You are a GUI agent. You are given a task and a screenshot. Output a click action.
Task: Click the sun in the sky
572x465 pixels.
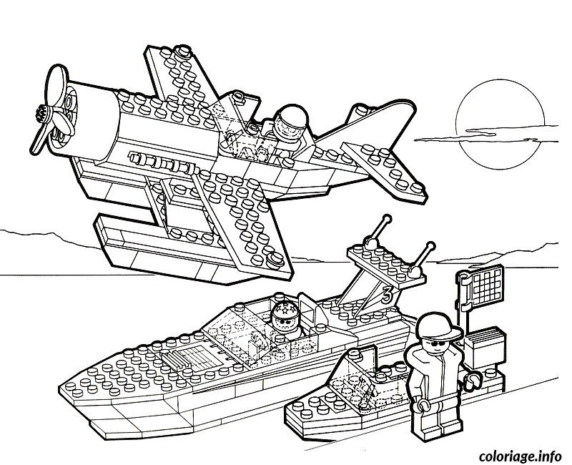pos(500,124)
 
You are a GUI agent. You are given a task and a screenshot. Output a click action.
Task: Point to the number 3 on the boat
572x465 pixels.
pos(387,294)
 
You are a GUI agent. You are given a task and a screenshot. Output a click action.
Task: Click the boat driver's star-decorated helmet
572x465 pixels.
pos(285,310)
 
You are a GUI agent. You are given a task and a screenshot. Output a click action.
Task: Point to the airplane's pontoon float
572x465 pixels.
pos(189,248)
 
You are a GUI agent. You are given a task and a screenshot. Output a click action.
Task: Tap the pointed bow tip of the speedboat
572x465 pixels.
pos(60,388)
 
